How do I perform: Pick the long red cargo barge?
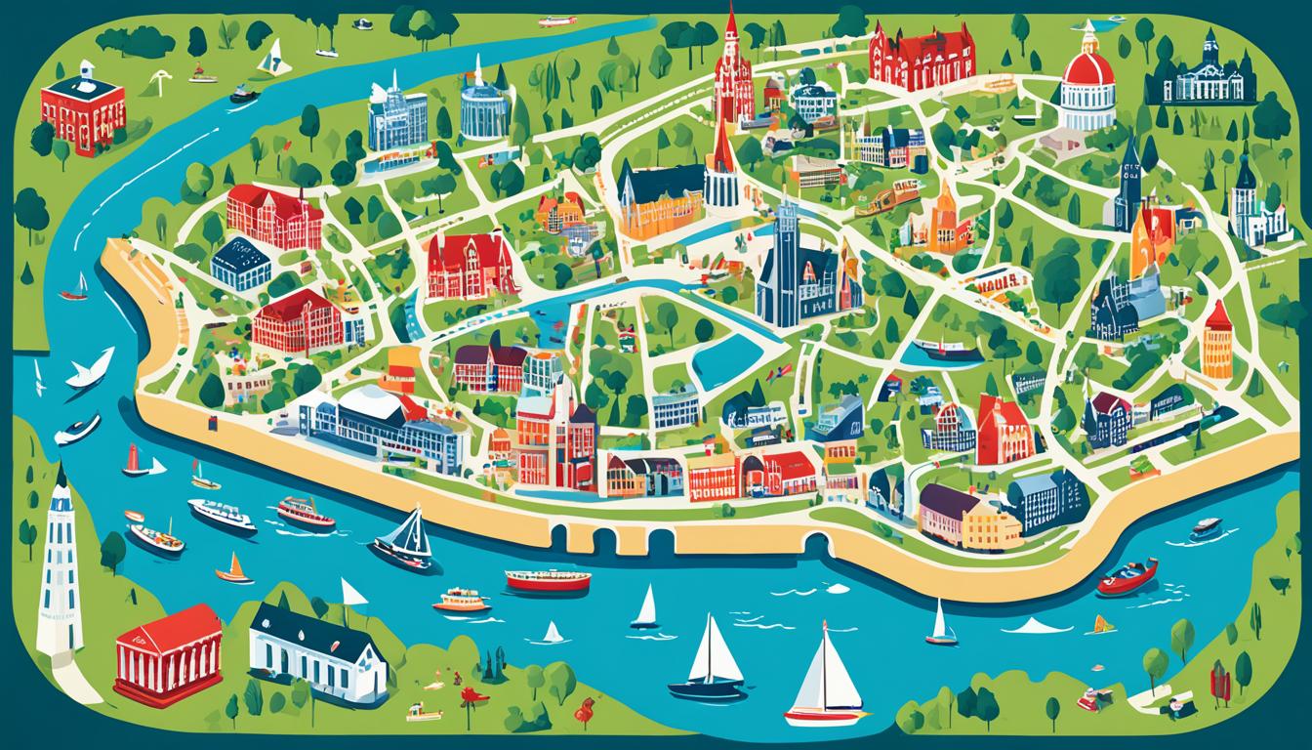(548, 580)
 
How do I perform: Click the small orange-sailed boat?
(233, 570)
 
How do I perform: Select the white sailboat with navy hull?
(710, 664)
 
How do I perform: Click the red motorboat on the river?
(1127, 576)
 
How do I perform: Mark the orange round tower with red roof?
(1217, 342)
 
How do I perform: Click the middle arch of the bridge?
(605, 538)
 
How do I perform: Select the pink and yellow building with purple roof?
(966, 518)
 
